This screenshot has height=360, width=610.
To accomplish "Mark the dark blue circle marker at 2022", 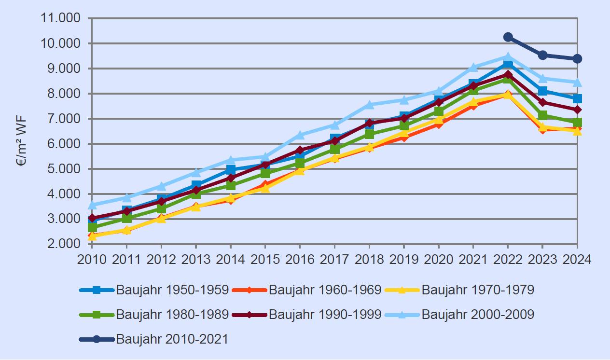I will [x=508, y=37].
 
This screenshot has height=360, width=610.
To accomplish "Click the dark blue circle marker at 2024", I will [x=577, y=59].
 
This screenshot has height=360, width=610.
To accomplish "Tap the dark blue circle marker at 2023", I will [x=542, y=55].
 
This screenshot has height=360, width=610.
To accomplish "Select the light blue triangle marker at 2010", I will [x=92, y=205].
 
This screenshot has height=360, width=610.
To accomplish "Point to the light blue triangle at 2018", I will [x=369, y=105].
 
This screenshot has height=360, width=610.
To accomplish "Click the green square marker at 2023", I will [x=542, y=115].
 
